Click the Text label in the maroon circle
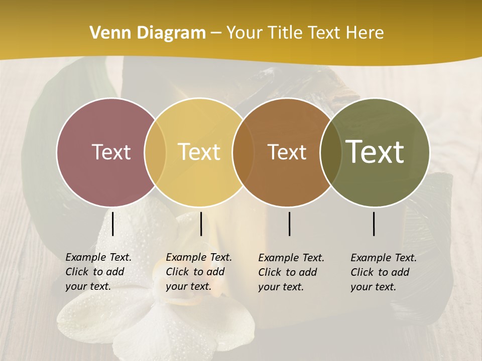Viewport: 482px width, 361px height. point(111,152)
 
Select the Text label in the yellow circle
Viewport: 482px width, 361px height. point(199,152)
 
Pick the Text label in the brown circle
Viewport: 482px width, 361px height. point(287,152)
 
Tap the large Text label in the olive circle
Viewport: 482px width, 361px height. point(375,152)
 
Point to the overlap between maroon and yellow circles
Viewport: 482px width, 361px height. point(155,152)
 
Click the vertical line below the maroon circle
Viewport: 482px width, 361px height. point(113,224)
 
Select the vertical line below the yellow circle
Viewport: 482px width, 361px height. point(201,224)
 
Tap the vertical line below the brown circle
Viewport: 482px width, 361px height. point(290,224)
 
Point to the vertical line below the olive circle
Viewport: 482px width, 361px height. point(374,224)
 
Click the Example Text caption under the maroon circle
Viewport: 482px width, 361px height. point(98,272)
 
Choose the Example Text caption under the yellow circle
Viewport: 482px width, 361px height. point(198,272)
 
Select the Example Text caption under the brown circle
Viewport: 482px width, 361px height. point(291,272)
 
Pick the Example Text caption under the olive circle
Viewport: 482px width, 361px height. point(383,272)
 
